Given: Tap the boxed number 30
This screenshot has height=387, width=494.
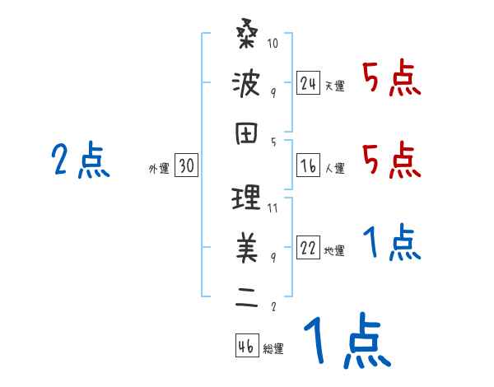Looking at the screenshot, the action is (x=186, y=166).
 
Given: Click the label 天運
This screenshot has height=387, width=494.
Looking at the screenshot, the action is (x=335, y=86).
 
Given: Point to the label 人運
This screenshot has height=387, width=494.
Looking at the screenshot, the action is (x=335, y=169).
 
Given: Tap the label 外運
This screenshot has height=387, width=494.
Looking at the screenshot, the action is (x=159, y=169).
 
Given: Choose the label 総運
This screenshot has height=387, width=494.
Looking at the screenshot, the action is (x=273, y=348).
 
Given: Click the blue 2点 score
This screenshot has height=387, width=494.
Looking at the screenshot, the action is (x=80, y=161).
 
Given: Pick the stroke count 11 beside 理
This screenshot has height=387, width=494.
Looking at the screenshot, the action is (x=273, y=208).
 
